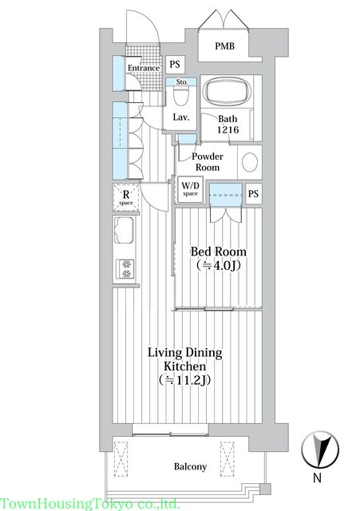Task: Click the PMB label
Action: coord(224,46)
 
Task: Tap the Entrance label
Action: coord(144,68)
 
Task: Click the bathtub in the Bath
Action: coord(227,91)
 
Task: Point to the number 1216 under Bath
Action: coord(228,129)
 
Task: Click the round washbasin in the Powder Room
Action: coord(250,162)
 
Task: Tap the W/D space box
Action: coord(190,189)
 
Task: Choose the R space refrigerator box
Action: coord(126,197)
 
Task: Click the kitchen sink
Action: coord(124,231)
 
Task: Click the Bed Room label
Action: coord(218,252)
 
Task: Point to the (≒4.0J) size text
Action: coord(219,266)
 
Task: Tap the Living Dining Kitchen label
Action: coord(185,359)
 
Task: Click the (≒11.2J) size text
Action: coord(184,380)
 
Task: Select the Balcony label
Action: coord(190,466)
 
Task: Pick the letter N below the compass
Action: coord(317,477)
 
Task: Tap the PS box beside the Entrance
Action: coord(175,64)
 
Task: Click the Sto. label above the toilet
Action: coord(182,81)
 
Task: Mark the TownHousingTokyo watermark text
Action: coord(90,504)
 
